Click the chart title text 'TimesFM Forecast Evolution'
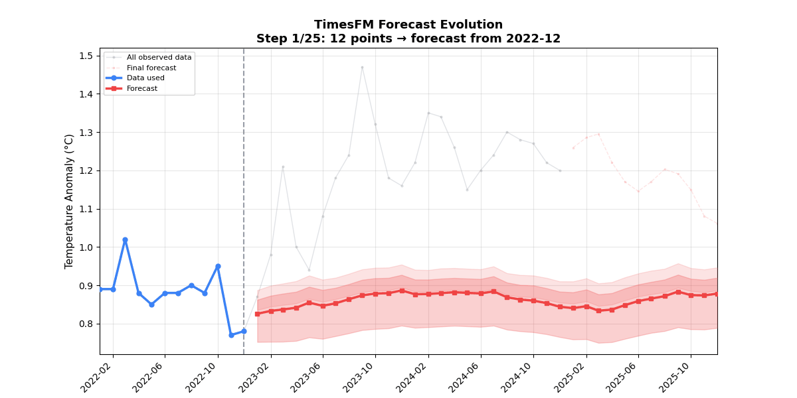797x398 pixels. tap(408, 25)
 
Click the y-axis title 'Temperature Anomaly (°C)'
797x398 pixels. tap(69, 201)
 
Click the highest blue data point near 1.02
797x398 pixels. tap(125, 239)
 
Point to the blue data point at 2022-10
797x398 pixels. tap(218, 266)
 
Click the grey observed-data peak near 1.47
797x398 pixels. tap(362, 67)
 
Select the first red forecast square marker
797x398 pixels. tap(258, 314)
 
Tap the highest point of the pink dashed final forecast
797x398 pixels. tap(598, 134)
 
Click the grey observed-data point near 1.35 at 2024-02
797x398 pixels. tap(428, 113)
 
